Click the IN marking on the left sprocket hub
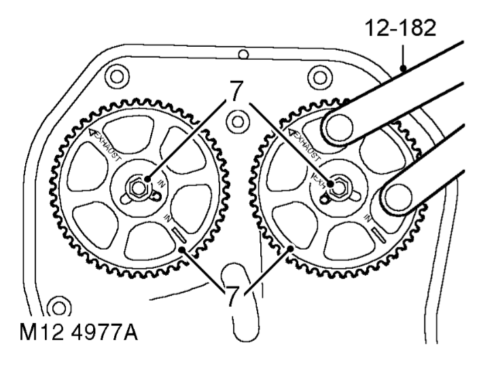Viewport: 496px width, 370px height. [x=162, y=185]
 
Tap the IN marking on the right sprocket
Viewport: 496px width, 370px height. [x=370, y=218]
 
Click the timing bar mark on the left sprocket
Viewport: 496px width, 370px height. [x=180, y=236]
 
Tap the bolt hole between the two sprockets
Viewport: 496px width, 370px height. [x=236, y=122]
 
